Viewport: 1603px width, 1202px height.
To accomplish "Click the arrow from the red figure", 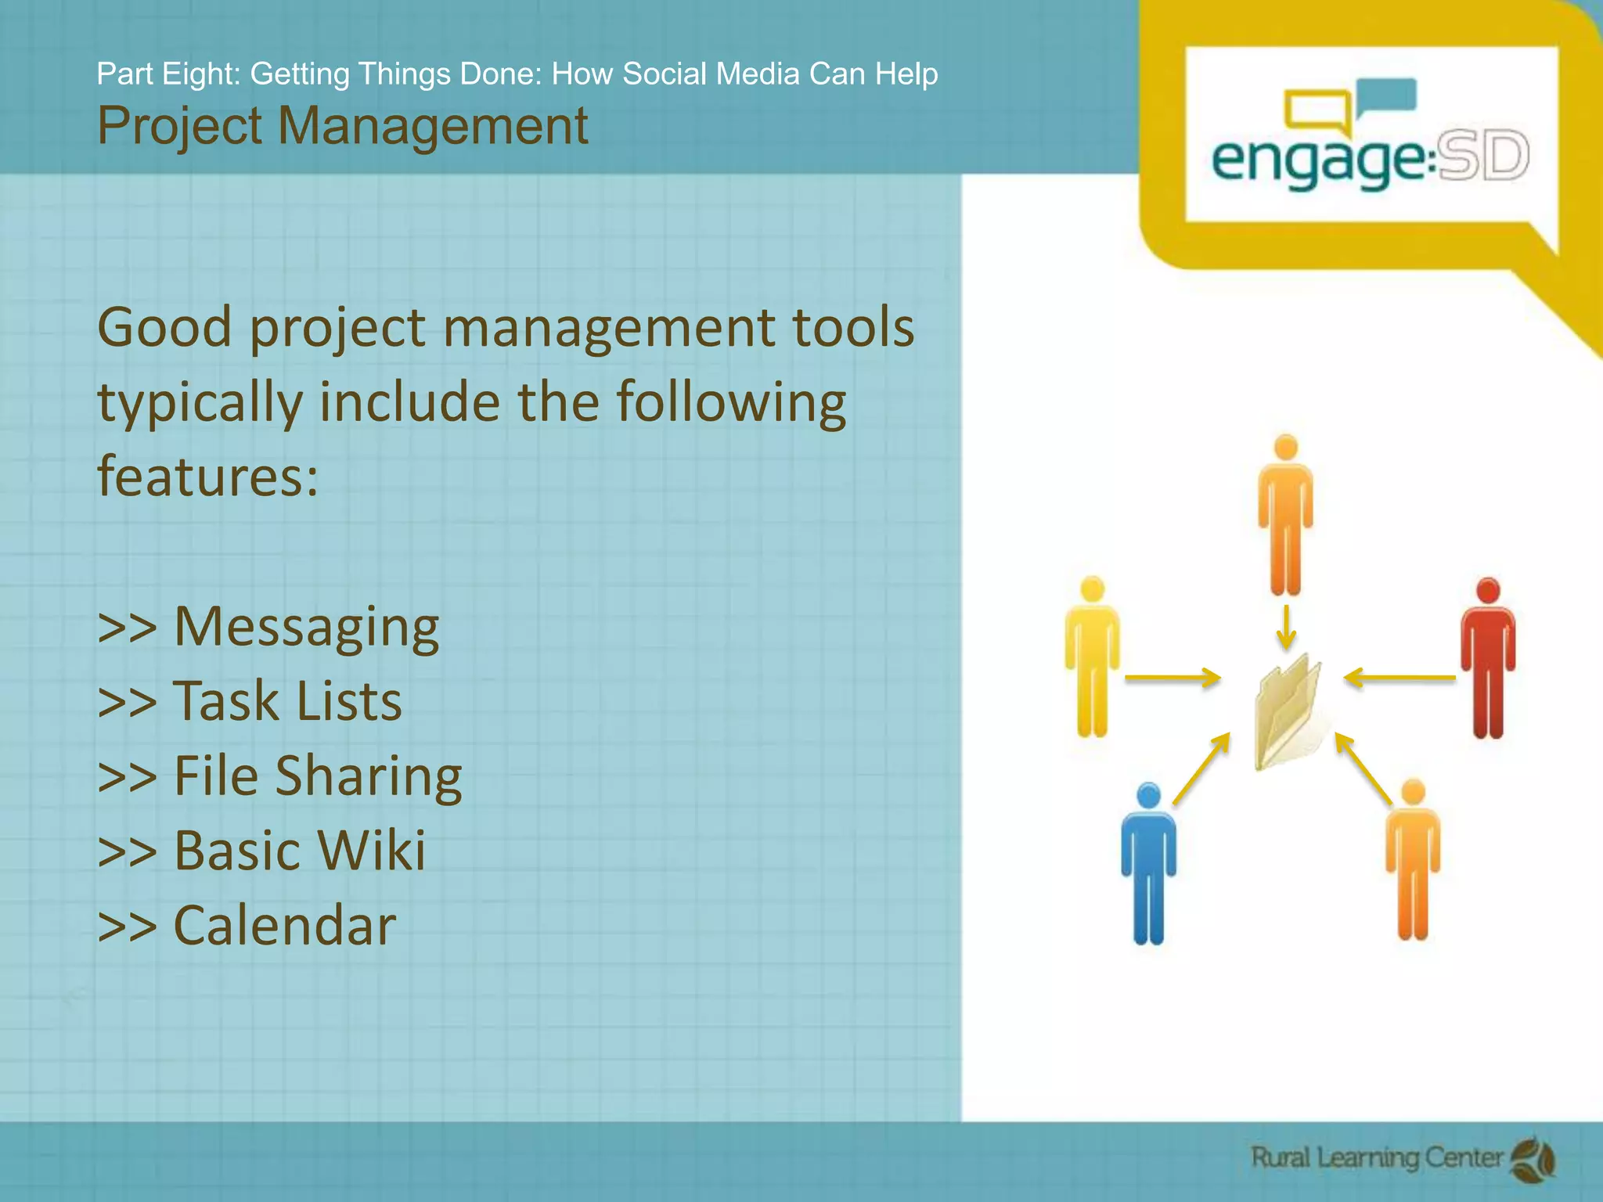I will point(1399,678).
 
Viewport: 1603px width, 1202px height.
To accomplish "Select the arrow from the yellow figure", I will point(1173,678).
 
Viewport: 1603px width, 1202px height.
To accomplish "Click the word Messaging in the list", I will point(306,627).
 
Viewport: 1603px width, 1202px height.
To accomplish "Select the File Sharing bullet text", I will point(317,776).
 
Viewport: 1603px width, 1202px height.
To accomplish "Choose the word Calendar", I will point(284,925).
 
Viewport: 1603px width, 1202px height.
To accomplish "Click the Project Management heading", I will point(342,126).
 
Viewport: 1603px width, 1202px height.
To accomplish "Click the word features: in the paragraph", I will point(207,475).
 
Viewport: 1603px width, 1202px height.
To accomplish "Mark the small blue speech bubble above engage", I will point(1386,96).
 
